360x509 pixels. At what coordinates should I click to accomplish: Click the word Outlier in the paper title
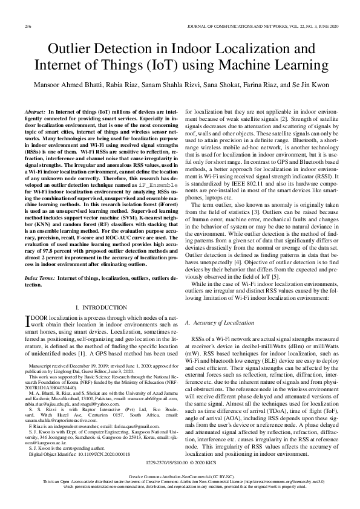point(73,50)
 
